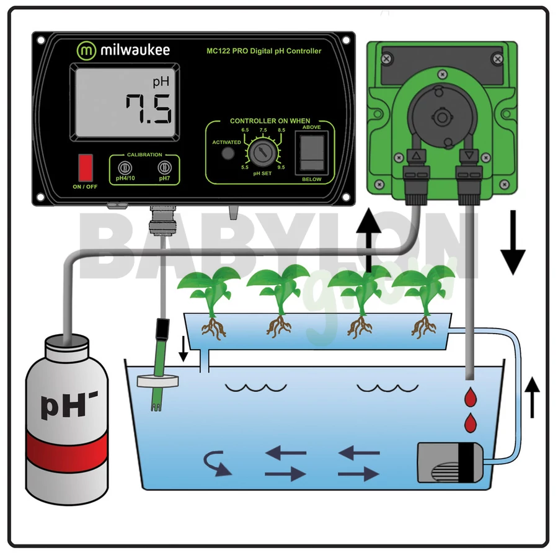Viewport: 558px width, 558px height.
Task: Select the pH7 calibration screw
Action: [164, 167]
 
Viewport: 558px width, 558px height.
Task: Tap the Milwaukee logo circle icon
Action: [86, 50]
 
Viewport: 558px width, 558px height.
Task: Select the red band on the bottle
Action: [68, 449]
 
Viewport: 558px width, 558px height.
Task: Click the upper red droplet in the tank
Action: [473, 396]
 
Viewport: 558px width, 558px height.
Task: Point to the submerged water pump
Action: [451, 461]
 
